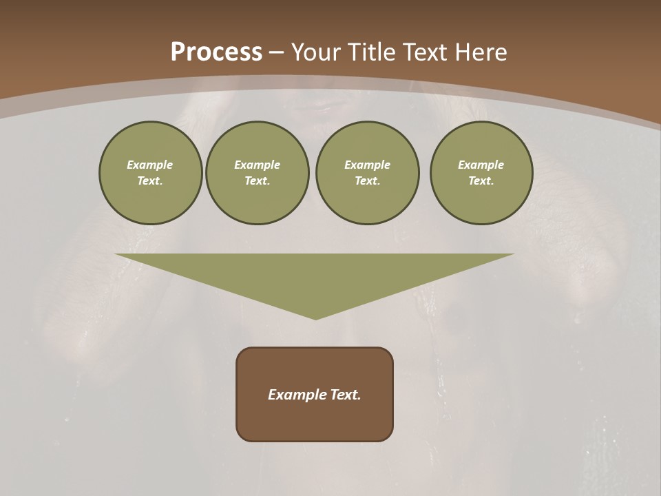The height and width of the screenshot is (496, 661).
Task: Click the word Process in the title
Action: click(x=216, y=52)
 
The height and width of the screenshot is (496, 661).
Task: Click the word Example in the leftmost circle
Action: click(x=150, y=165)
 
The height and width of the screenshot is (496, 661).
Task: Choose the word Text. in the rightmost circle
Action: click(x=481, y=180)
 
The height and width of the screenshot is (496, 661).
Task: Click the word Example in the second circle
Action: click(x=258, y=165)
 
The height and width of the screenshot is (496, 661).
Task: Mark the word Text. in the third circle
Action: click(x=367, y=180)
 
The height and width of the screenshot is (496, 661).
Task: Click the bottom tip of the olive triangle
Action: click(x=315, y=318)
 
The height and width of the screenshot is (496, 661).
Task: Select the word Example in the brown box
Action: click(x=297, y=395)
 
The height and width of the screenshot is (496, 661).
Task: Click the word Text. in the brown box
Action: click(x=345, y=395)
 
